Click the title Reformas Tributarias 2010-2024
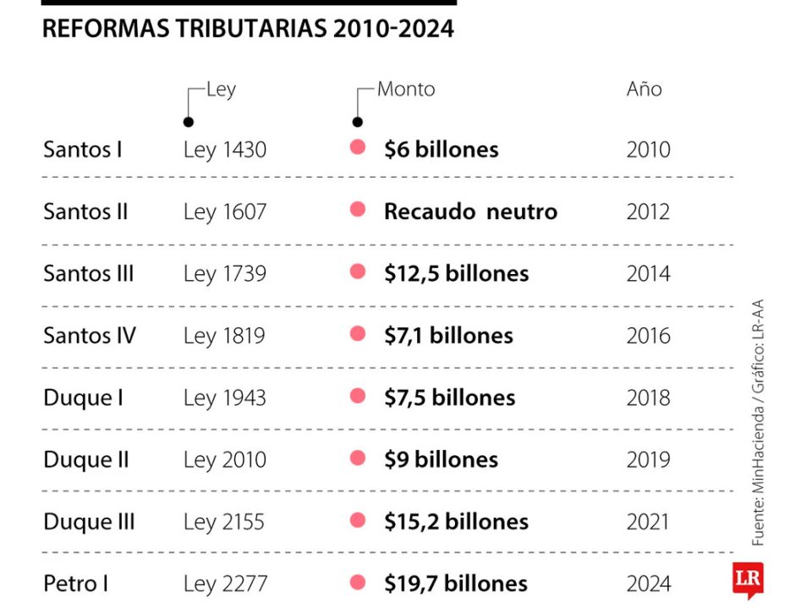(x=248, y=29)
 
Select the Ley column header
(x=221, y=90)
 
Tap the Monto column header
(x=406, y=90)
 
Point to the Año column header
(x=644, y=90)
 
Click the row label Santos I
(x=83, y=150)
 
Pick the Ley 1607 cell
(x=224, y=211)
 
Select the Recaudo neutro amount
(x=470, y=211)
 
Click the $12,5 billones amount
(x=456, y=274)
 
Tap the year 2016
(x=648, y=336)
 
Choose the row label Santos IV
(x=90, y=336)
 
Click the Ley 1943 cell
(x=224, y=398)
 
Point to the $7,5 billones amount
(x=449, y=398)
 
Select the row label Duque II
(x=86, y=460)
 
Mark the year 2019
(x=648, y=460)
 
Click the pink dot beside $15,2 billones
(x=358, y=520)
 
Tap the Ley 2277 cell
(x=225, y=584)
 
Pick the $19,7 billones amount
(x=456, y=584)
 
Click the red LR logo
(x=749, y=579)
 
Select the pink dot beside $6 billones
(x=358, y=148)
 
